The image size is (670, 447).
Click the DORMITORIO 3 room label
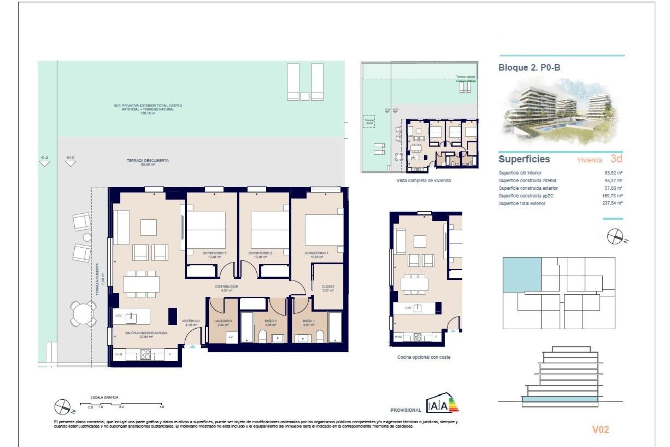(x=214, y=253)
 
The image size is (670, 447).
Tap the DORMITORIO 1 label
(x=316, y=253)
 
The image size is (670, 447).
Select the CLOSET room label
(x=328, y=287)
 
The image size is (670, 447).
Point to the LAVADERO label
(x=223, y=321)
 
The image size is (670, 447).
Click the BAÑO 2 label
(x=270, y=321)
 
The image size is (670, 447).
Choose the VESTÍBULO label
(x=191, y=321)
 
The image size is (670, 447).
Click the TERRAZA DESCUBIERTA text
(x=148, y=161)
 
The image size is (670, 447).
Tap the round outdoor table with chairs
(x=83, y=313)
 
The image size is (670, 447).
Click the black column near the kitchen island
(x=172, y=316)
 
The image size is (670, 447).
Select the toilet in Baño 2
(x=262, y=337)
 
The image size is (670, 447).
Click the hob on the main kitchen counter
(x=145, y=354)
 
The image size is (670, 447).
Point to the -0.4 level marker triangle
(x=45, y=163)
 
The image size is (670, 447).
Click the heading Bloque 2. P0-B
(x=529, y=68)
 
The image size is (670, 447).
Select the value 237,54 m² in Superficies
(x=612, y=203)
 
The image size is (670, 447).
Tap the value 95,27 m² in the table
(x=613, y=181)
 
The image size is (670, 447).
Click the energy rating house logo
(x=442, y=403)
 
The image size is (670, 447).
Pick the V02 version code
(x=600, y=430)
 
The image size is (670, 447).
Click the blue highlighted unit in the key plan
(x=522, y=274)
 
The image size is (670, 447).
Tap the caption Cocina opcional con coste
(x=424, y=357)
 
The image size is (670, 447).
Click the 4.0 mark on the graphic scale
(x=162, y=406)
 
